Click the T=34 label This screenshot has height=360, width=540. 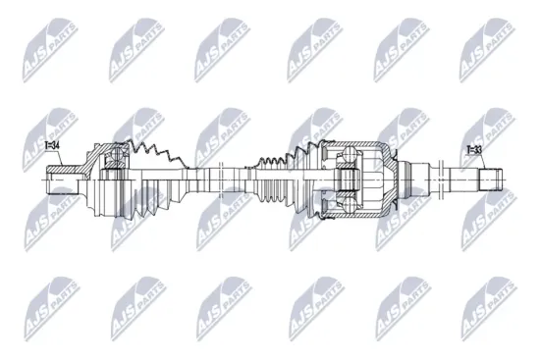pos(52,147)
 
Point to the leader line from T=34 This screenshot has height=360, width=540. pos(53,162)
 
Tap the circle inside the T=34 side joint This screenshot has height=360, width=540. pos(114,166)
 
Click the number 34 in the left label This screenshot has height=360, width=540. pos(56,147)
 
